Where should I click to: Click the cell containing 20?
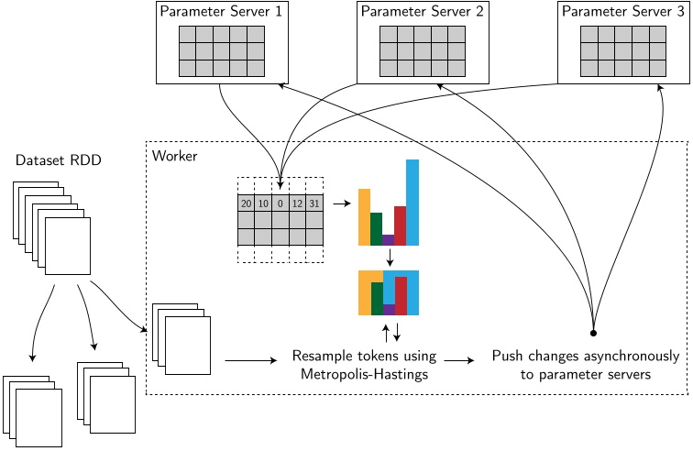click(x=246, y=202)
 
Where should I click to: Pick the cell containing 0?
click(x=280, y=202)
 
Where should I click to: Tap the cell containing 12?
click(x=297, y=202)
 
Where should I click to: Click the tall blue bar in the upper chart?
click(x=412, y=203)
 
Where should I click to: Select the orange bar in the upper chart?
click(x=364, y=217)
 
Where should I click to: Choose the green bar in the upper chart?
click(x=376, y=229)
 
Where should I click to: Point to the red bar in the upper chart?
click(x=400, y=225)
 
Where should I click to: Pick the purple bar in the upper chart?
click(x=388, y=240)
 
